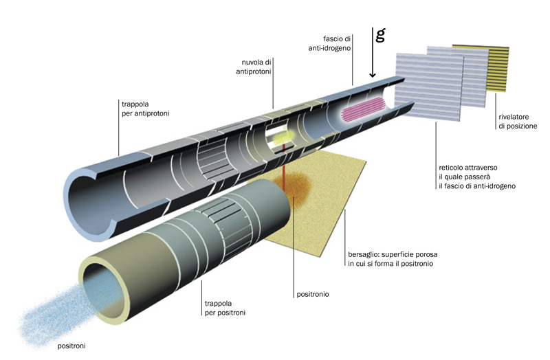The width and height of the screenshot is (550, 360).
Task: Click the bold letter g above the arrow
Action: [x=380, y=35]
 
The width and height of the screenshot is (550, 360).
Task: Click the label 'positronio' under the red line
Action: [x=312, y=295]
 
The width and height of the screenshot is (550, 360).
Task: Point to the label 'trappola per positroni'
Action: [x=224, y=308]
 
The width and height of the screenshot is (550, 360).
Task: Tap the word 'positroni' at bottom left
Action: [x=72, y=346]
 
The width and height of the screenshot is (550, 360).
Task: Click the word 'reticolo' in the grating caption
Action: [x=451, y=167]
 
